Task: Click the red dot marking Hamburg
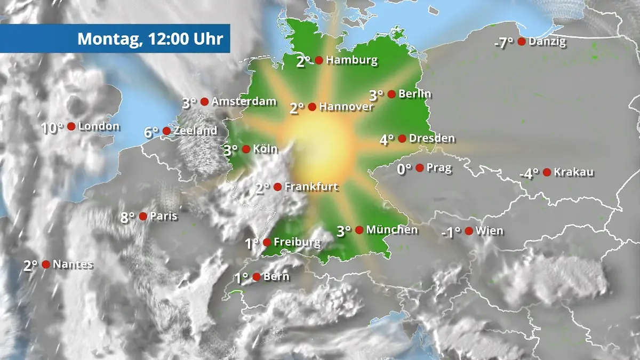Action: [319, 60]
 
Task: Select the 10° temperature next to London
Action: [53, 128]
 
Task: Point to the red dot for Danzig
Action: [522, 41]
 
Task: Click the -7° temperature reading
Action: [503, 43]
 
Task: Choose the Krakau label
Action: [574, 172]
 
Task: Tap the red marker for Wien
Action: [469, 231]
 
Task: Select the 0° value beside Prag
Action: [405, 170]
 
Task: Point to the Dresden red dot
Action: [402, 139]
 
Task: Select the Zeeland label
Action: [196, 131]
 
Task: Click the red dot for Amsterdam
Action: [204, 101]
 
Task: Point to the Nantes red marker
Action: [46, 264]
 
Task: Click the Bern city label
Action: [277, 277]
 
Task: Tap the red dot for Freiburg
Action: [267, 243]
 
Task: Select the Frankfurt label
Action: [311, 187]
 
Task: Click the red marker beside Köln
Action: [246, 149]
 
